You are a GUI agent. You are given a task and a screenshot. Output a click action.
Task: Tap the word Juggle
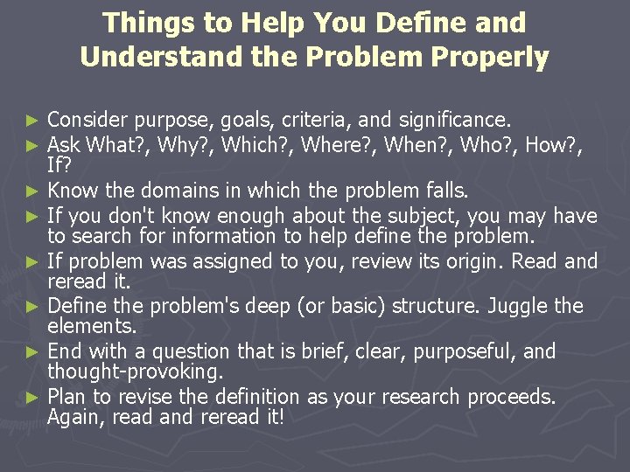point(514,306)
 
